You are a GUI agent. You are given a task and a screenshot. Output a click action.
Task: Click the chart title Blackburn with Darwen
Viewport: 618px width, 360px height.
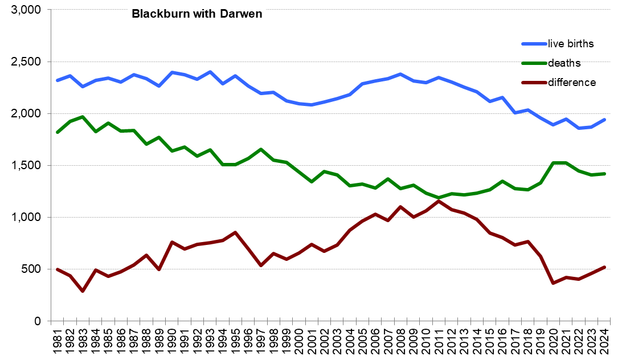pyautogui.click(x=197, y=14)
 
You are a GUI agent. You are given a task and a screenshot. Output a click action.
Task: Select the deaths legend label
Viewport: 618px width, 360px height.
pyautogui.click(x=564, y=63)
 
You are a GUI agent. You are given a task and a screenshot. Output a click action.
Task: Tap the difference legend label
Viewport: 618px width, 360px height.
pyautogui.click(x=571, y=83)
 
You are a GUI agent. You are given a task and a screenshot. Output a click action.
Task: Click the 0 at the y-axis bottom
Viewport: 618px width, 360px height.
pyautogui.click(x=38, y=321)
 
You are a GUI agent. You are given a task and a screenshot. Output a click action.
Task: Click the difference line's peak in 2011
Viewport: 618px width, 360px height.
pyautogui.click(x=439, y=201)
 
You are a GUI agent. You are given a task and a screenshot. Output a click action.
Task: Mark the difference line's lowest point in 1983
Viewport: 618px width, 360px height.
pyautogui.click(x=83, y=291)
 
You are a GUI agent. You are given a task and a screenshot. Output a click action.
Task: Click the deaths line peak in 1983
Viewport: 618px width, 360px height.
pyautogui.click(x=83, y=117)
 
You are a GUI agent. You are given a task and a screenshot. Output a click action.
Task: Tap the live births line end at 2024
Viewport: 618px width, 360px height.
pyautogui.click(x=604, y=120)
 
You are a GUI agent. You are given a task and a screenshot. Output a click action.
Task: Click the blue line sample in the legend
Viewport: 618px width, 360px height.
pyautogui.click(x=534, y=44)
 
